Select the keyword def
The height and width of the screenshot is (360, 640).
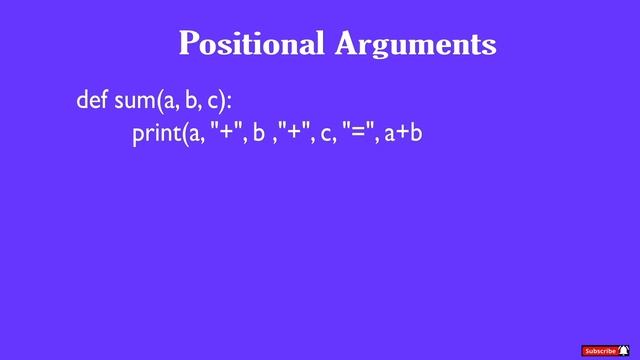coord(92,100)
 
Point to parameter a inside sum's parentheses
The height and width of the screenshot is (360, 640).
coord(170,102)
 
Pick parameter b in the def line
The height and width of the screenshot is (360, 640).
coord(192,100)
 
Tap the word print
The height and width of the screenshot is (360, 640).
coord(154,133)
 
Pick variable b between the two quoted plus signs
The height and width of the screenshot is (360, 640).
coord(258,131)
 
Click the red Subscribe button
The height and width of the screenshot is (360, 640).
coord(600,350)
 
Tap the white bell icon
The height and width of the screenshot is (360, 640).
coord(624,350)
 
